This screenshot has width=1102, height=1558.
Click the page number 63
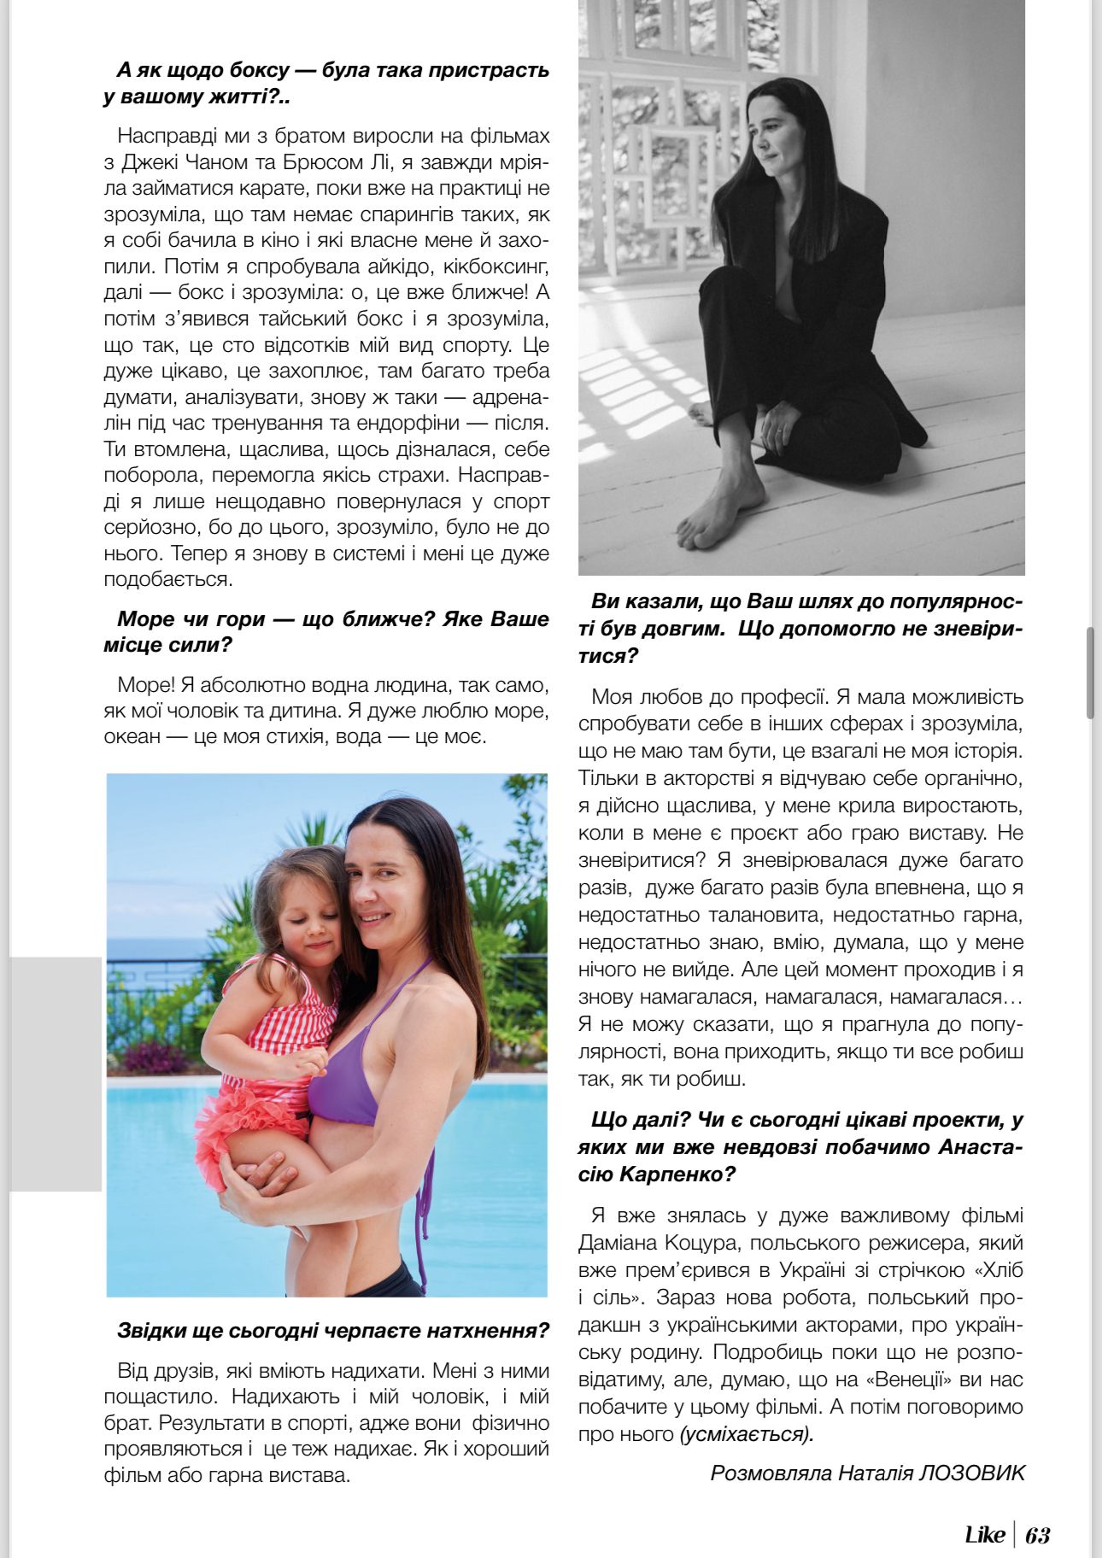point(1038,1535)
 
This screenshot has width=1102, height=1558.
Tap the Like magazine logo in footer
point(984,1535)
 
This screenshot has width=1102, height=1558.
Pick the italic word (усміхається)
point(747,1433)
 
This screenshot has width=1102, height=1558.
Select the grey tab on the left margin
point(55,1074)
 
